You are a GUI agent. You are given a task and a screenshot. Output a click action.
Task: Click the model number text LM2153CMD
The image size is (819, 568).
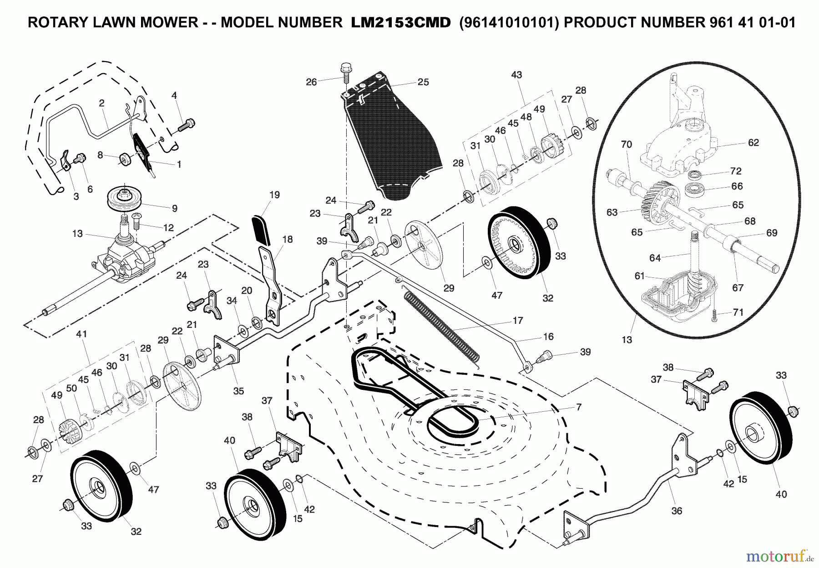click(x=400, y=23)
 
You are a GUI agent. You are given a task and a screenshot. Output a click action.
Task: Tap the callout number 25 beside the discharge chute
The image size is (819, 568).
click(x=423, y=82)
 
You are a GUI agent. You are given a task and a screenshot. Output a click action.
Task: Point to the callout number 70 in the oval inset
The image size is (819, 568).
click(x=627, y=145)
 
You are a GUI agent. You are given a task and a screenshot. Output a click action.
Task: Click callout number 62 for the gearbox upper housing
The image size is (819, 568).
click(x=753, y=143)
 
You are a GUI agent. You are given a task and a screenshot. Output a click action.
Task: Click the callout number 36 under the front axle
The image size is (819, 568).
click(x=677, y=511)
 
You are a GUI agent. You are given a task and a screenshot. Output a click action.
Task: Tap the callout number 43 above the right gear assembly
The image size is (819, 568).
click(x=516, y=75)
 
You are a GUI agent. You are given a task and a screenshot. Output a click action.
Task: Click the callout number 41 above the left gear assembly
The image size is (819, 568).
click(x=81, y=334)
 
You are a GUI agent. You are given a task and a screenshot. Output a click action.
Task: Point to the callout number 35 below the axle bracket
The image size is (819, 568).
click(x=238, y=391)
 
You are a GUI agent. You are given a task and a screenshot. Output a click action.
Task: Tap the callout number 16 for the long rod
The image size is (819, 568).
click(x=548, y=337)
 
